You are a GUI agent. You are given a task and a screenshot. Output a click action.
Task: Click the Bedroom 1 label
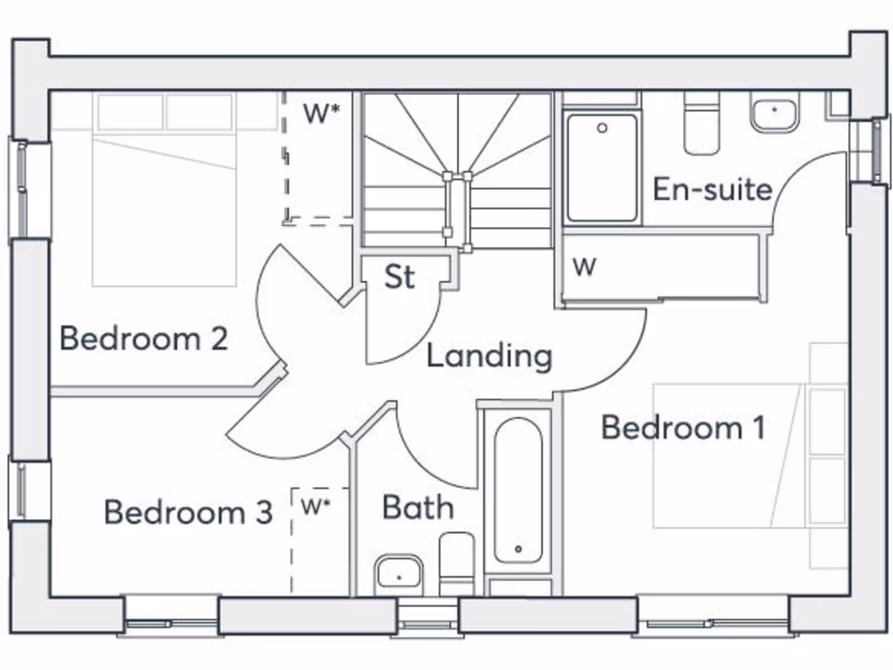click(x=683, y=427)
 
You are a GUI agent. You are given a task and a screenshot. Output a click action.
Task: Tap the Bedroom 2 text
click(x=144, y=338)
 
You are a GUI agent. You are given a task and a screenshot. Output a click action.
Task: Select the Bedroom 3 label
click(x=188, y=512)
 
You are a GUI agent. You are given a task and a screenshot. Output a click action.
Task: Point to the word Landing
click(x=489, y=356)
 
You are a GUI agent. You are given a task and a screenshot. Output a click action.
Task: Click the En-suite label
click(x=712, y=189)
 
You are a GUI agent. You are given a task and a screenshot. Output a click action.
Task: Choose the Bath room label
click(x=418, y=507)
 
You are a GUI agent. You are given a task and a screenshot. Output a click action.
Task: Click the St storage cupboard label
click(x=399, y=277)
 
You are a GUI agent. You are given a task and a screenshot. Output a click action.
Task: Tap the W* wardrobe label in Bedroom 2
click(x=321, y=113)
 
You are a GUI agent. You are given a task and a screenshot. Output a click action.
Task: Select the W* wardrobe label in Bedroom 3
click(x=316, y=506)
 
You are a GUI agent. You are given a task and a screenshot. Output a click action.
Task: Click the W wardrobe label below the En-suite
click(x=584, y=267)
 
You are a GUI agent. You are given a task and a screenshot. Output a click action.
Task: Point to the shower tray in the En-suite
click(x=602, y=167)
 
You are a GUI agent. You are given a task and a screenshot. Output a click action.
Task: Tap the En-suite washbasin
click(x=774, y=115)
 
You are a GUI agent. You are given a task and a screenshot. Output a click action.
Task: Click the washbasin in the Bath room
click(x=399, y=575)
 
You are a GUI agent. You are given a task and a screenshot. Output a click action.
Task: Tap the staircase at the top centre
click(x=458, y=170)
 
